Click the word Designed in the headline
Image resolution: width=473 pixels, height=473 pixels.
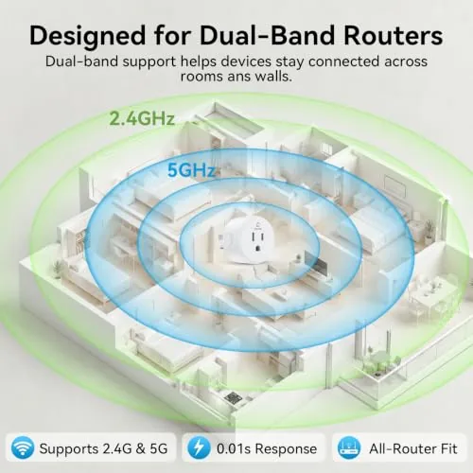click(x=88, y=37)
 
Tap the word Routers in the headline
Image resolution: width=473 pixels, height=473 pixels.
click(x=394, y=36)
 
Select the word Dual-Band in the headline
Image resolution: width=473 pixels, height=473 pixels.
click(x=267, y=36)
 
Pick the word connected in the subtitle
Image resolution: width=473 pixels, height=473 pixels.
click(x=343, y=61)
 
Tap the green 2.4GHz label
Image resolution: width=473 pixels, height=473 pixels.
click(x=142, y=119)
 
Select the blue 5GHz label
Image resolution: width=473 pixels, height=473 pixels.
click(x=192, y=170)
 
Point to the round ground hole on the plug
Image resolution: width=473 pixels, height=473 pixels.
click(x=258, y=249)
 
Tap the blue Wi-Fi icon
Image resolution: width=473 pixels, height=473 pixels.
click(x=23, y=448)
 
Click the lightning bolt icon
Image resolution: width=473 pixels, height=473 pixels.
click(x=199, y=448)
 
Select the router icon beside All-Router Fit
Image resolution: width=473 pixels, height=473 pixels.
click(x=349, y=448)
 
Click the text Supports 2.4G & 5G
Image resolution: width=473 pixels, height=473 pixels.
click(x=103, y=448)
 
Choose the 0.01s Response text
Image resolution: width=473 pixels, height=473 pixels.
click(x=267, y=448)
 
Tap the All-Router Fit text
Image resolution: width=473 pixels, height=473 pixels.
click(x=413, y=448)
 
